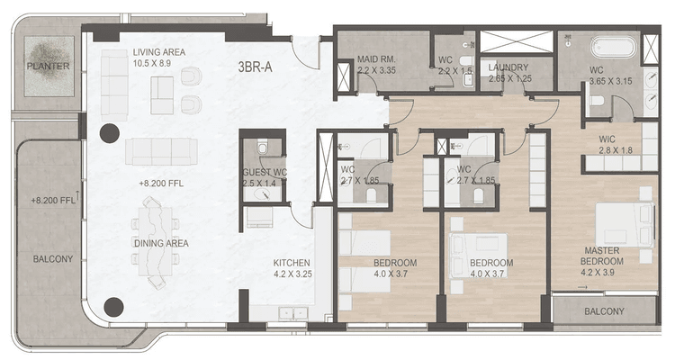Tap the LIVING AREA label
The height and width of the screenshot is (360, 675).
(159, 52)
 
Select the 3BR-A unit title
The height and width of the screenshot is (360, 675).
(258, 67)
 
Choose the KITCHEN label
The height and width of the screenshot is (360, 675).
(292, 264)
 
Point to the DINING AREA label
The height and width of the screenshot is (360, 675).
(161, 243)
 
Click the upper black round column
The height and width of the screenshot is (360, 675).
(109, 135)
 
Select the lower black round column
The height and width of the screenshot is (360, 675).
(113, 307)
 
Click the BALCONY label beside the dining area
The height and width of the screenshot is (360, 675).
(52, 259)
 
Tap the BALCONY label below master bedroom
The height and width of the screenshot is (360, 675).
(602, 311)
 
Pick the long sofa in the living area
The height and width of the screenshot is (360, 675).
(159, 150)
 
